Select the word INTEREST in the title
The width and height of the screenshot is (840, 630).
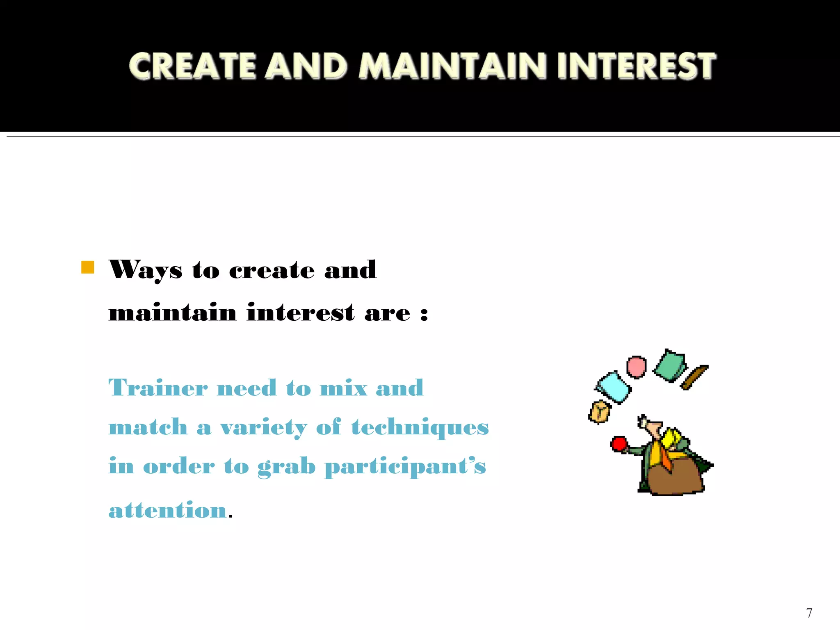[x=636, y=66]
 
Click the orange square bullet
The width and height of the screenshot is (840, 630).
[x=88, y=267]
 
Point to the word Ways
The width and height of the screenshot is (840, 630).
[x=146, y=270]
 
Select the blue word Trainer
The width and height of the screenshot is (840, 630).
[x=158, y=388]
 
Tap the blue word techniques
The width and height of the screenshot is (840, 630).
[x=420, y=427]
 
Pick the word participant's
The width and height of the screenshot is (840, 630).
[x=405, y=467]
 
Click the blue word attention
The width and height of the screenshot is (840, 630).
[x=168, y=510]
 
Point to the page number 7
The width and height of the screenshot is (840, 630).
[x=809, y=613]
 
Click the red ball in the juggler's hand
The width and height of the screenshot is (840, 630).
[x=619, y=444]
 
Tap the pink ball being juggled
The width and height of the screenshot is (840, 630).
[x=636, y=367]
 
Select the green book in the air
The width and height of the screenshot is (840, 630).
[x=669, y=366]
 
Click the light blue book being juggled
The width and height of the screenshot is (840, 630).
[x=613, y=387]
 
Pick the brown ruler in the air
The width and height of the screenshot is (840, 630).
[x=694, y=377]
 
